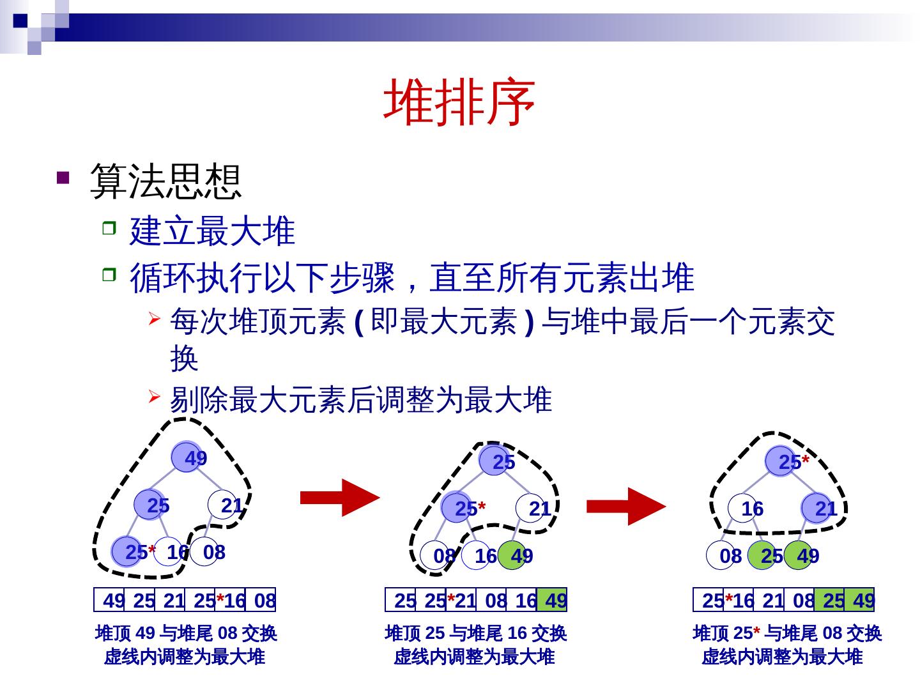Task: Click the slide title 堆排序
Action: pos(459,102)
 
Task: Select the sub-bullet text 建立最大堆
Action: pos(212,231)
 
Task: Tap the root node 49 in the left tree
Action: pos(187,457)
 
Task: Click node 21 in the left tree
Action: pos(223,505)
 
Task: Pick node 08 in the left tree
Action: pos(206,551)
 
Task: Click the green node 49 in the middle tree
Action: pos(513,555)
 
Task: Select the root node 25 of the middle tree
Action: pos(494,461)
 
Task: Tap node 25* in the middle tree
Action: pos(457,508)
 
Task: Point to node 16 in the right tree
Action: pos(744,508)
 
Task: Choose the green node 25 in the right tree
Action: pos(763,555)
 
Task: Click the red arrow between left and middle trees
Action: pos(339,497)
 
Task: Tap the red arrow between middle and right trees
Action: pos(625,506)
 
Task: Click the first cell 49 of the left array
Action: pos(110,600)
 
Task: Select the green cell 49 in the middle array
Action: pos(552,600)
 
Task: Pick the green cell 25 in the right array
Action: pos(829,600)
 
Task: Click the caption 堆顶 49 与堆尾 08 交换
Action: pos(185,633)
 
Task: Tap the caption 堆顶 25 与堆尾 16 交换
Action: pos(475,633)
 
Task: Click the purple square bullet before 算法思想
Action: pos(63,178)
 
